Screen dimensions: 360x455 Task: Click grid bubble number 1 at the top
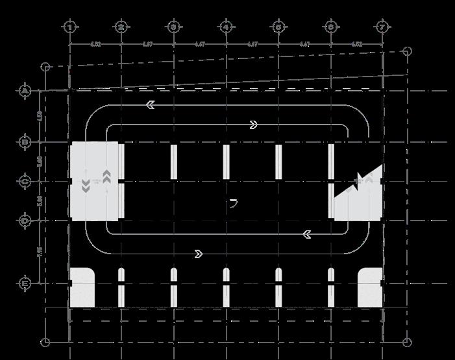(69, 27)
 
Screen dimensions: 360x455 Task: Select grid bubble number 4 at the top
(226, 27)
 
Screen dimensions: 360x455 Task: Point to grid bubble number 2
(121, 27)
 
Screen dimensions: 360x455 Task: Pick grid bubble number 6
(331, 27)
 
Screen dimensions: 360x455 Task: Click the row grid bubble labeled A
(25, 91)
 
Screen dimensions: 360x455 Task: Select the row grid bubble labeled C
(25, 182)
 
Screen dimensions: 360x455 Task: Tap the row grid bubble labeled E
(25, 283)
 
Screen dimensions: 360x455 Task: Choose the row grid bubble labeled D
(25, 221)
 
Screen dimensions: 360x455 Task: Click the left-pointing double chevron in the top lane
(151, 104)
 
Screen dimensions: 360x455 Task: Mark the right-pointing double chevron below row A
(253, 125)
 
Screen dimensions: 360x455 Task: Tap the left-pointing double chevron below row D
(307, 233)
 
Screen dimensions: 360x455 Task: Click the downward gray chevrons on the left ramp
(86, 187)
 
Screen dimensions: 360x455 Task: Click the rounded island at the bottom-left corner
(82, 287)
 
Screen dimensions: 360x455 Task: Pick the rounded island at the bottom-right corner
(370, 287)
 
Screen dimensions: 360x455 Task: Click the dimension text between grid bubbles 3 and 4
(199, 44)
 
